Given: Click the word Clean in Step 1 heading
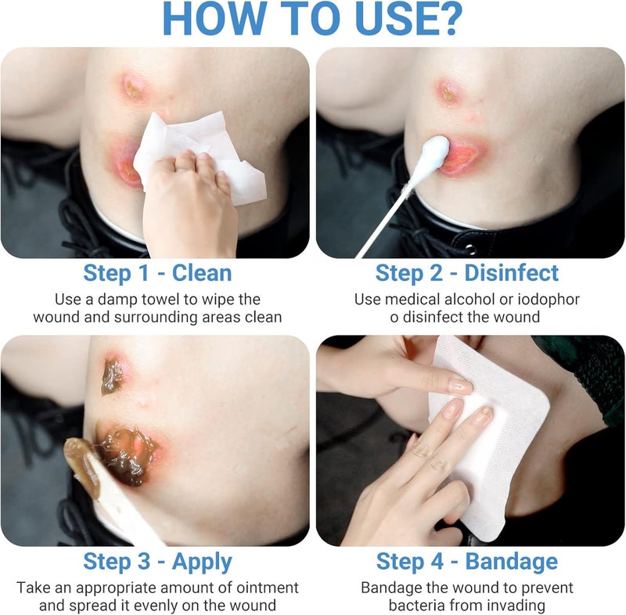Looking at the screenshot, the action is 202,273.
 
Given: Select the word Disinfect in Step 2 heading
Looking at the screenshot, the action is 512,273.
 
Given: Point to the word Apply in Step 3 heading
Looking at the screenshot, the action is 202,563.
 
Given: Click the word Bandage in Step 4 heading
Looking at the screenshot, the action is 512,562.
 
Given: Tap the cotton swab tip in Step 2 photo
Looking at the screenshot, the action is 434,153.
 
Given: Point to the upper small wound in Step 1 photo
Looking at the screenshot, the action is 133,87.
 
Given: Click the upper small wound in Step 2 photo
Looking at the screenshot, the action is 448,91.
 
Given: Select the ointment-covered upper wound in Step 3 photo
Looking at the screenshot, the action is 113,375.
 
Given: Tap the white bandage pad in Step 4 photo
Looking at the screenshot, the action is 490,435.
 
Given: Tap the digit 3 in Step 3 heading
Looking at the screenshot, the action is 144,561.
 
